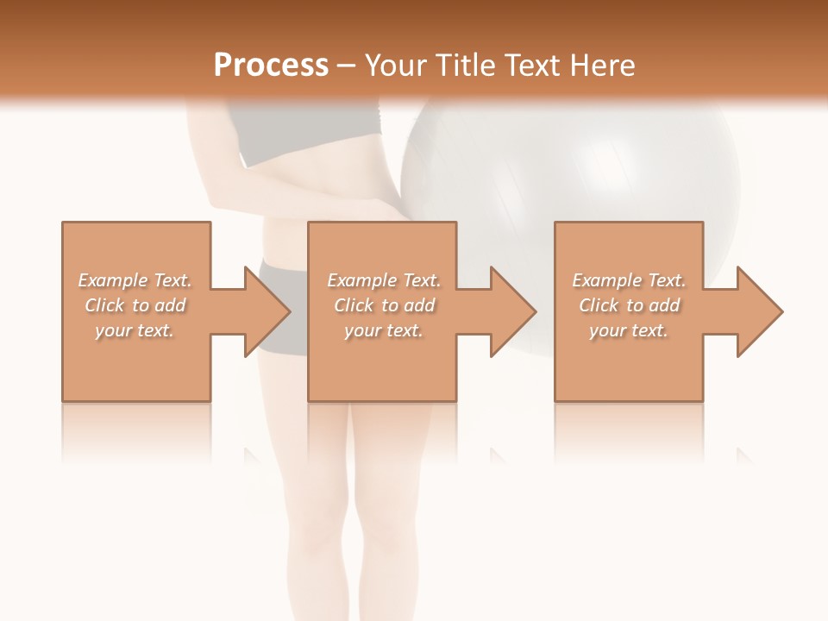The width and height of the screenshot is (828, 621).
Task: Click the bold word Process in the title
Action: click(271, 65)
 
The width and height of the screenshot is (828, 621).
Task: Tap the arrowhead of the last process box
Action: click(758, 311)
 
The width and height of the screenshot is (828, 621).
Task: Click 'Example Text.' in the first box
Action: click(135, 280)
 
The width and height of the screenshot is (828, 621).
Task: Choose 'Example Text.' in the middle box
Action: click(384, 280)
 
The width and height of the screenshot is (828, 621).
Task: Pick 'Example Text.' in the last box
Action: click(629, 280)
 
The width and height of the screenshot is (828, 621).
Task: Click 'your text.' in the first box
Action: click(135, 330)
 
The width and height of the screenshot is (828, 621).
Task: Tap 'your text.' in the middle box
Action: click(384, 330)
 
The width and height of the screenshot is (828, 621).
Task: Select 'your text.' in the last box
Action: click(629, 330)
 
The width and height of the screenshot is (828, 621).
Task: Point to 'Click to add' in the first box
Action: click(135, 305)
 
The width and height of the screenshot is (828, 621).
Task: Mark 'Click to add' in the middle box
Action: click(384, 305)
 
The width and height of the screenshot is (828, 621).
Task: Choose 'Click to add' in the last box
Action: click(629, 305)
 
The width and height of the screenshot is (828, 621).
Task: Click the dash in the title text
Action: click(346, 66)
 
